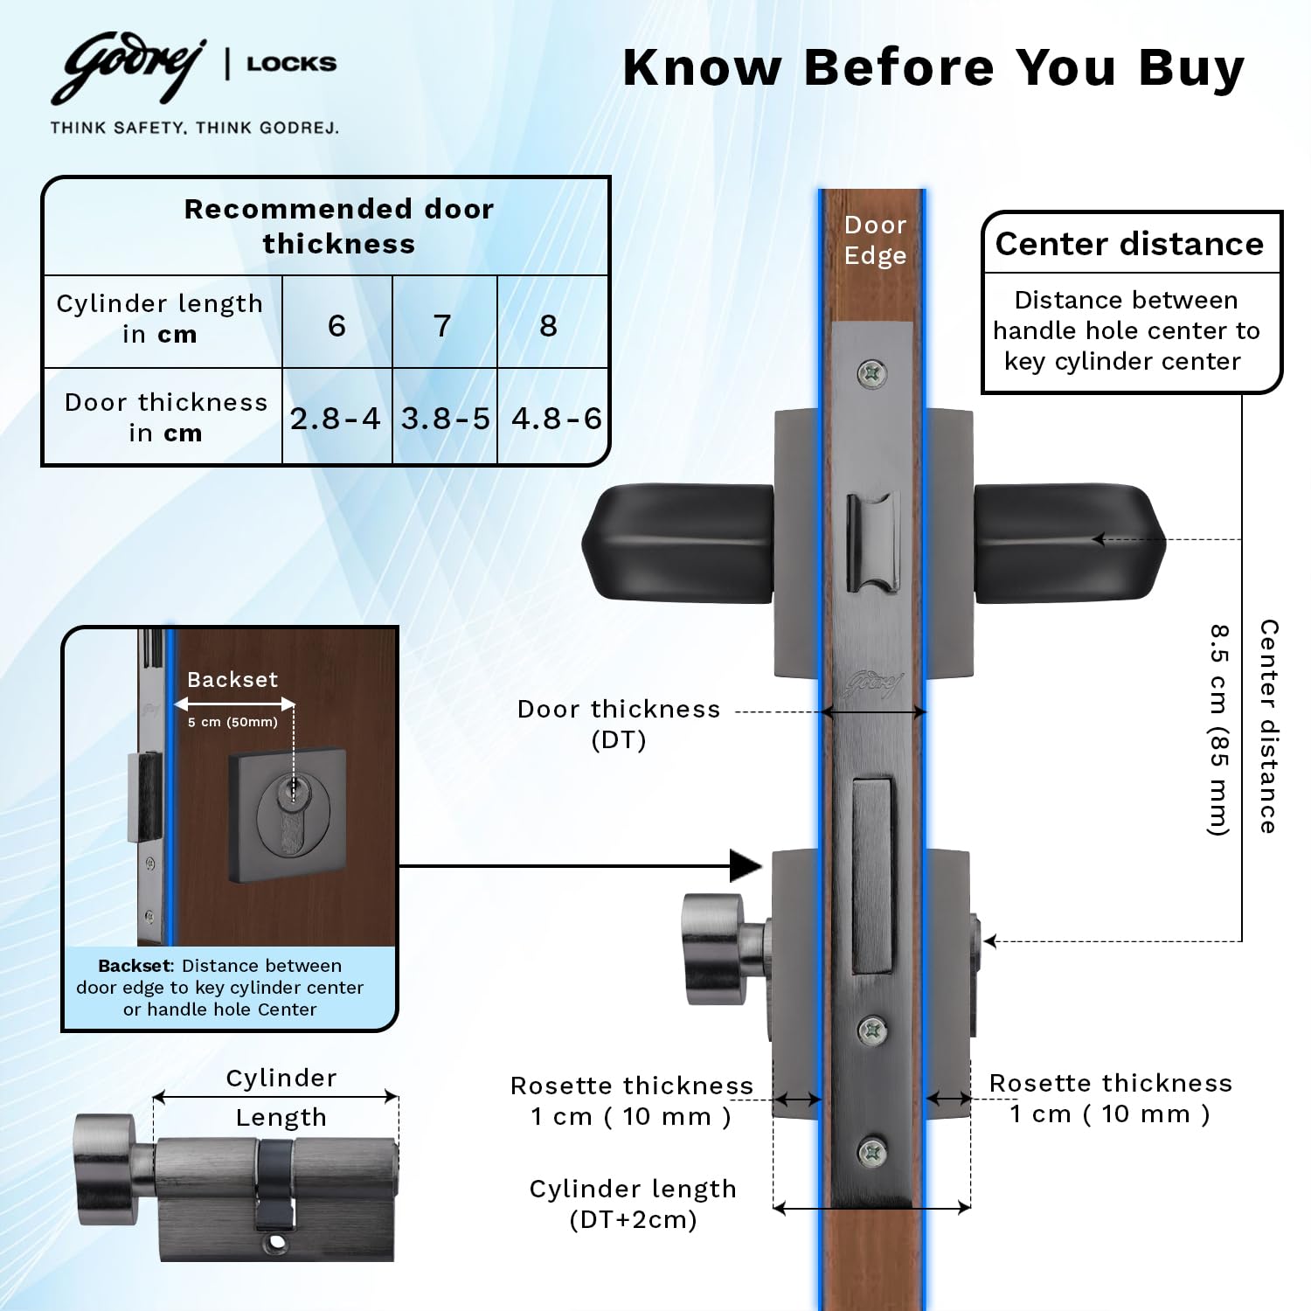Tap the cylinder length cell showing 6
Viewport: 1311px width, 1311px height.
click(336, 325)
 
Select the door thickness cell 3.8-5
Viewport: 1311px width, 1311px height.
click(445, 419)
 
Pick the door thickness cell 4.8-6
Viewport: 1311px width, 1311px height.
click(556, 419)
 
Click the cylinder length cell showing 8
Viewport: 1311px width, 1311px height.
click(548, 325)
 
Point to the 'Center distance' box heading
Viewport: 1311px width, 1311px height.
click(1129, 244)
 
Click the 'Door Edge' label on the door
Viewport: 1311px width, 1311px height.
click(875, 239)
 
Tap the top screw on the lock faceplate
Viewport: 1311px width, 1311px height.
click(871, 374)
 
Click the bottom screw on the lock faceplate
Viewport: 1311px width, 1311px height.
click(872, 1152)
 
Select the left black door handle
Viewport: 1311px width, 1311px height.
click(678, 543)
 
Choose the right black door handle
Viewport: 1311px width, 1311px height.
click(1069, 543)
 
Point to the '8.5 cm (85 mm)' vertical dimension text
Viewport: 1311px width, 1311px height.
click(1219, 730)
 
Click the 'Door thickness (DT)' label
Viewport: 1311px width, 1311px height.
click(619, 725)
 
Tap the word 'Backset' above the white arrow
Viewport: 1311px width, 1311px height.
click(232, 679)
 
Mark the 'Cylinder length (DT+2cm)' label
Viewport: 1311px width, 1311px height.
click(633, 1203)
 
